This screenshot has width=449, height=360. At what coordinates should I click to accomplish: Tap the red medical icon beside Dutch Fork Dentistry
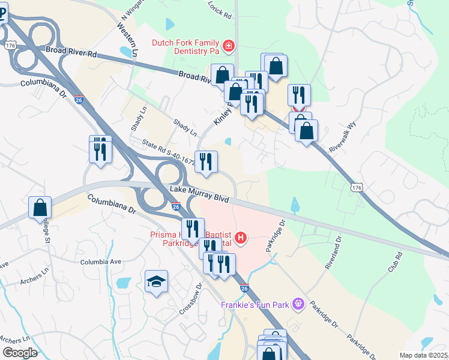pyautogui.click(x=228, y=46)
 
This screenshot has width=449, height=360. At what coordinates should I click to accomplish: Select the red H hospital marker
pyautogui.click(x=241, y=238)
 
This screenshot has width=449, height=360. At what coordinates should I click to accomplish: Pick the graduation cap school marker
pyautogui.click(x=156, y=281)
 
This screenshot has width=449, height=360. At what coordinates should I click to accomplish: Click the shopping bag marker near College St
pyautogui.click(x=40, y=208)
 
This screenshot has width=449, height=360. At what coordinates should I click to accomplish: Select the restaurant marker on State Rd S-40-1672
pyautogui.click(x=206, y=161)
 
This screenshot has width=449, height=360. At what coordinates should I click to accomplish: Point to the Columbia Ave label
pyautogui.click(x=100, y=262)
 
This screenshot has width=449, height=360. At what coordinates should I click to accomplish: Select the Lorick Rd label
pyautogui.click(x=220, y=12)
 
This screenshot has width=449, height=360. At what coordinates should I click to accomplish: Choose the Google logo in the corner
pyautogui.click(x=19, y=353)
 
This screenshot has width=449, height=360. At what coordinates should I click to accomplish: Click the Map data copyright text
pyautogui.click(x=423, y=355)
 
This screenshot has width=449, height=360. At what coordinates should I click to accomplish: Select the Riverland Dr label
pyautogui.click(x=334, y=253)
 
